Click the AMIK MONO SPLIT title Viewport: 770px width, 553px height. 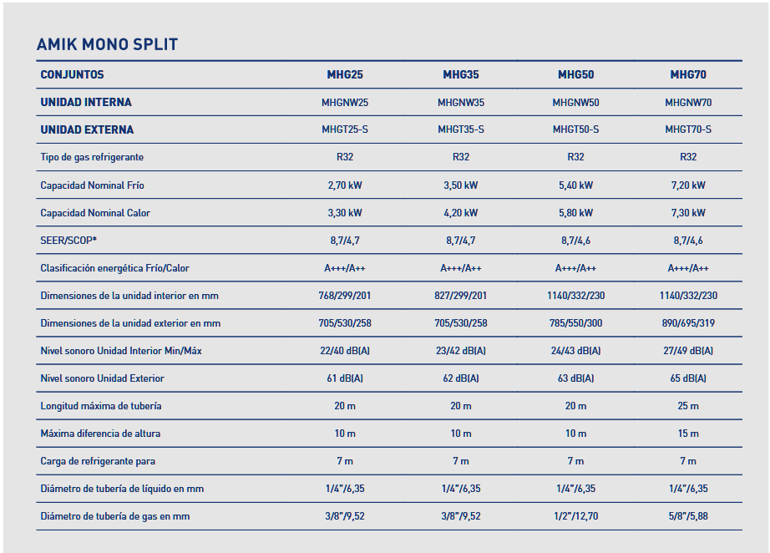[x=107, y=44]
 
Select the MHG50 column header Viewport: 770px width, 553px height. [x=575, y=74]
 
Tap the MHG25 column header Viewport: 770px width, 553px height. [x=344, y=74]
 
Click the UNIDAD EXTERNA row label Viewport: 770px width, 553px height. [x=87, y=129]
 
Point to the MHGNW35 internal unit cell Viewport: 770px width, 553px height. [x=460, y=103]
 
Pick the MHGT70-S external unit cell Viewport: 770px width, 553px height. [x=688, y=129]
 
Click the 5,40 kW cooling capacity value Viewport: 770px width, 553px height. [x=575, y=185]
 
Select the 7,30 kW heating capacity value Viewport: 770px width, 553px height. [x=688, y=213]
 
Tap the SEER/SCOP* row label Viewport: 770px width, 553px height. [x=68, y=241]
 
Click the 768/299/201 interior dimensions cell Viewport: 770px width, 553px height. [x=344, y=296]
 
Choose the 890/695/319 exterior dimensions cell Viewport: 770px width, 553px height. [x=688, y=323]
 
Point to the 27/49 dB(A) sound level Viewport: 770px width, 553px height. [x=688, y=351]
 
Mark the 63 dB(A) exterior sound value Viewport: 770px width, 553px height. [x=575, y=378]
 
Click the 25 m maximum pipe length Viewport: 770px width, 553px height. [x=688, y=406]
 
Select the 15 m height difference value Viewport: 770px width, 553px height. [x=688, y=434]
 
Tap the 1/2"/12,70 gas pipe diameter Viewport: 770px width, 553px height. [x=575, y=516]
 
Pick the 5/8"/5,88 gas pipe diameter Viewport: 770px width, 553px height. [x=688, y=516]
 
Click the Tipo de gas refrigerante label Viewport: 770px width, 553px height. [x=92, y=157]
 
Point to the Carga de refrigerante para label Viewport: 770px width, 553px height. [x=98, y=461]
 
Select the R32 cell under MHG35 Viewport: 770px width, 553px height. [x=460, y=157]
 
